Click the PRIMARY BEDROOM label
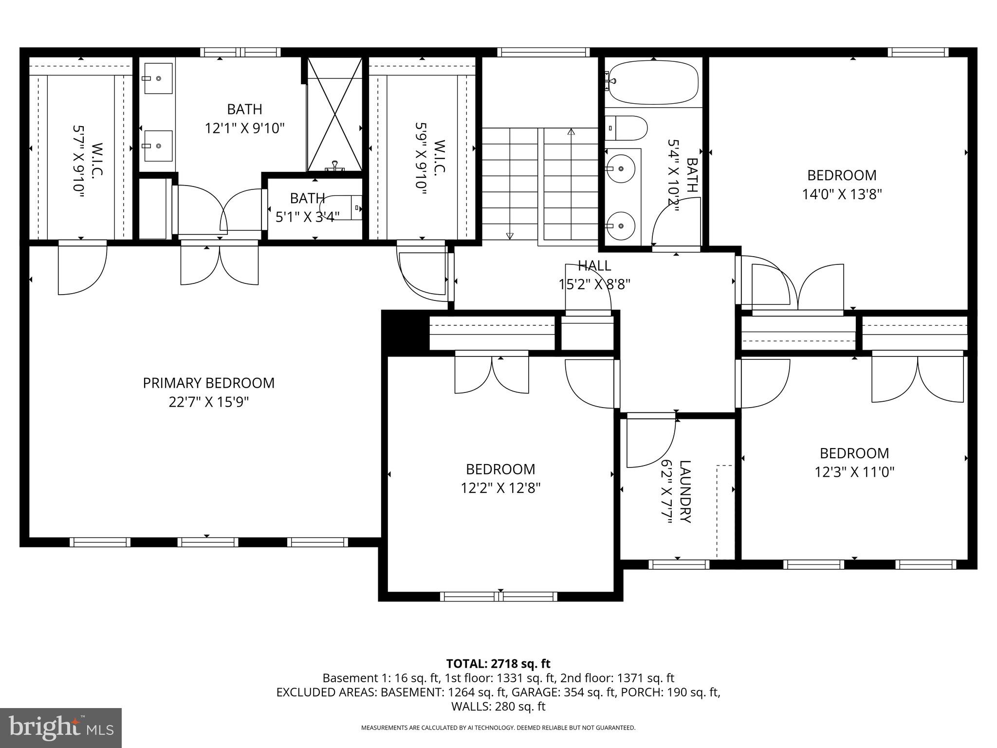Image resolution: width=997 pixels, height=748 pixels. point(208,383)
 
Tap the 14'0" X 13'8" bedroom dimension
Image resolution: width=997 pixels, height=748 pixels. point(842,194)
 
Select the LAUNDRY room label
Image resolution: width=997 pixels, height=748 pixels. point(684,491)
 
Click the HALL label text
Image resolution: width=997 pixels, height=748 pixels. point(594,266)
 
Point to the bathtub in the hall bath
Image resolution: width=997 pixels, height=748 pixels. point(654,82)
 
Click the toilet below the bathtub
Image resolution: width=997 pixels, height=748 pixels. point(628,128)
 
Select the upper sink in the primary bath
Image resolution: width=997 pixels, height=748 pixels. point(158,78)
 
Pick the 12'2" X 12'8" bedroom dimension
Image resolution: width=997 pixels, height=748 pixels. point(500,488)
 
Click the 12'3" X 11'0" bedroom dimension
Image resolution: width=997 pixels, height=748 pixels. point(854,472)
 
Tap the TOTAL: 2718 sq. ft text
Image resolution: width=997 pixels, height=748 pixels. point(498,663)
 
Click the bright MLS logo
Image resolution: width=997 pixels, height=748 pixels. point(61,728)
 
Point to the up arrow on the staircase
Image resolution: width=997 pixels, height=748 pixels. point(571,132)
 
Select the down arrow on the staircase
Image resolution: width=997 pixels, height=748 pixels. point(510,236)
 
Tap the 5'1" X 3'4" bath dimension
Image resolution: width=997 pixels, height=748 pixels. point(307,217)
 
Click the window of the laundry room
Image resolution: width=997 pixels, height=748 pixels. point(679,564)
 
